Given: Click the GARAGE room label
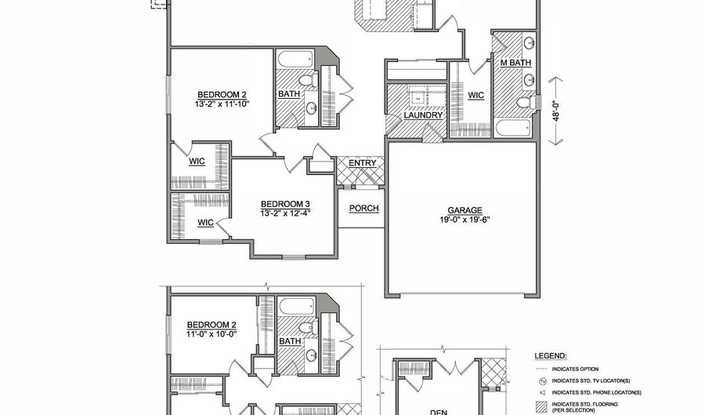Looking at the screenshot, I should pyautogui.click(x=465, y=210).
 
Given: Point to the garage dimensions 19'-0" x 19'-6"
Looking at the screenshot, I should pyautogui.click(x=465, y=220).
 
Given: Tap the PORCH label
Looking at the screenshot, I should pyautogui.click(x=363, y=208).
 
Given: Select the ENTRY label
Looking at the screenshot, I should pyautogui.click(x=362, y=163).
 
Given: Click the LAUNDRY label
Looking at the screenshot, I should pyautogui.click(x=424, y=115).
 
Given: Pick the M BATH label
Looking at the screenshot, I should pyautogui.click(x=515, y=63).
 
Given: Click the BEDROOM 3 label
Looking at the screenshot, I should pyautogui.click(x=285, y=202).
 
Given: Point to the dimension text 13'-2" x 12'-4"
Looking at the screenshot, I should pyautogui.click(x=285, y=212).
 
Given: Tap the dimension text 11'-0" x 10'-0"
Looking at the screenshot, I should pyautogui.click(x=211, y=333).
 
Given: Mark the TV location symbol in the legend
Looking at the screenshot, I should pyautogui.click(x=541, y=380).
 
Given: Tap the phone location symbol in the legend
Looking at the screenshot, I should pyautogui.click(x=541, y=392).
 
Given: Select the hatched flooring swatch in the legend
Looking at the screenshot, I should pyautogui.click(x=541, y=406).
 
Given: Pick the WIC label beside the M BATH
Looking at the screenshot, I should pyautogui.click(x=475, y=95).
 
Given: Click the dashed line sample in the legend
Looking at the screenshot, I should pyautogui.click(x=541, y=367).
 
